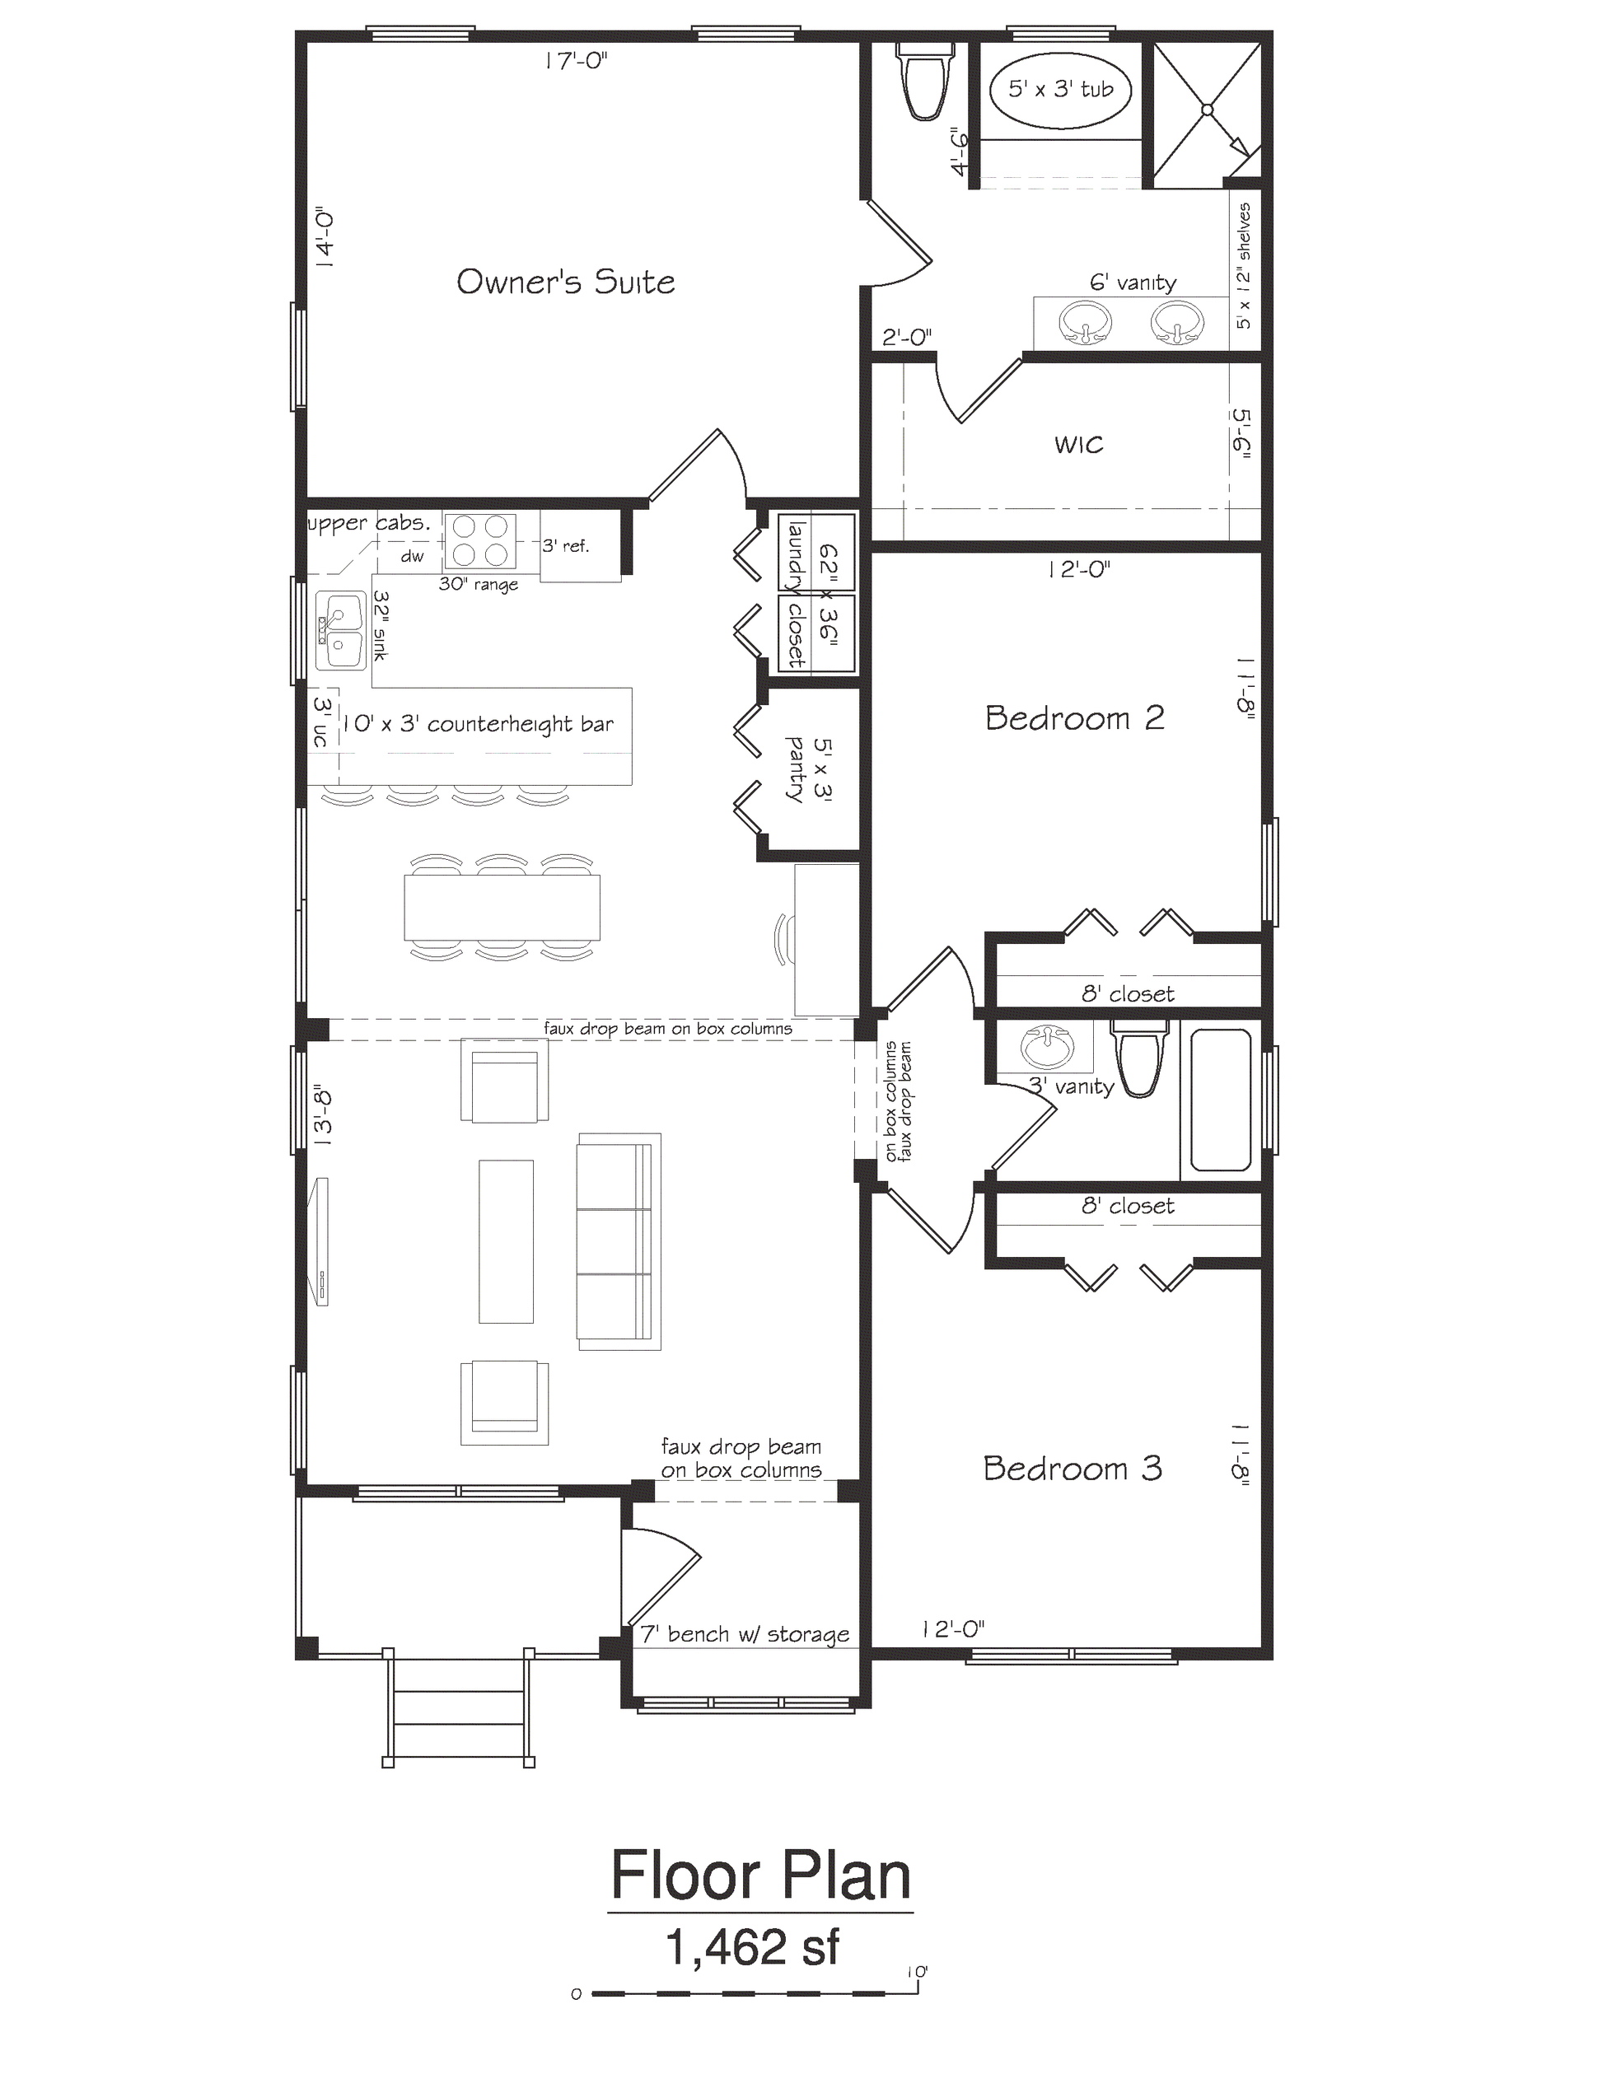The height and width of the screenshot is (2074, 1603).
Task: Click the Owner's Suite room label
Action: coord(565,282)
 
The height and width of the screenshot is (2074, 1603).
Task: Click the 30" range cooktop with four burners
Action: coord(479,541)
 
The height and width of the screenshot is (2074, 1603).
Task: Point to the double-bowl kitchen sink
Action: coord(340,631)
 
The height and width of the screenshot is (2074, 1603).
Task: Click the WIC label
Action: coord(1079,445)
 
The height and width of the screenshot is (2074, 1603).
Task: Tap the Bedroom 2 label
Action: coord(1074,718)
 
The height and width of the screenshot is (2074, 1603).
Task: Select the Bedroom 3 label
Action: coord(1073,1468)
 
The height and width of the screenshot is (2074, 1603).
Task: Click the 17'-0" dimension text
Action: coord(576,62)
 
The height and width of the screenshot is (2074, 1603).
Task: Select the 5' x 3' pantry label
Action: coord(807,770)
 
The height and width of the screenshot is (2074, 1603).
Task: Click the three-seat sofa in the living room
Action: coord(617,1241)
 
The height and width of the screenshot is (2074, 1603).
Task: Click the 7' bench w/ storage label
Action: coord(745,1634)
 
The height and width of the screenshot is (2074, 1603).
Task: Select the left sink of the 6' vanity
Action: coord(1085,323)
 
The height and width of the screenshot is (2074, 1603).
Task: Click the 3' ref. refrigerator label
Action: coord(566,546)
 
